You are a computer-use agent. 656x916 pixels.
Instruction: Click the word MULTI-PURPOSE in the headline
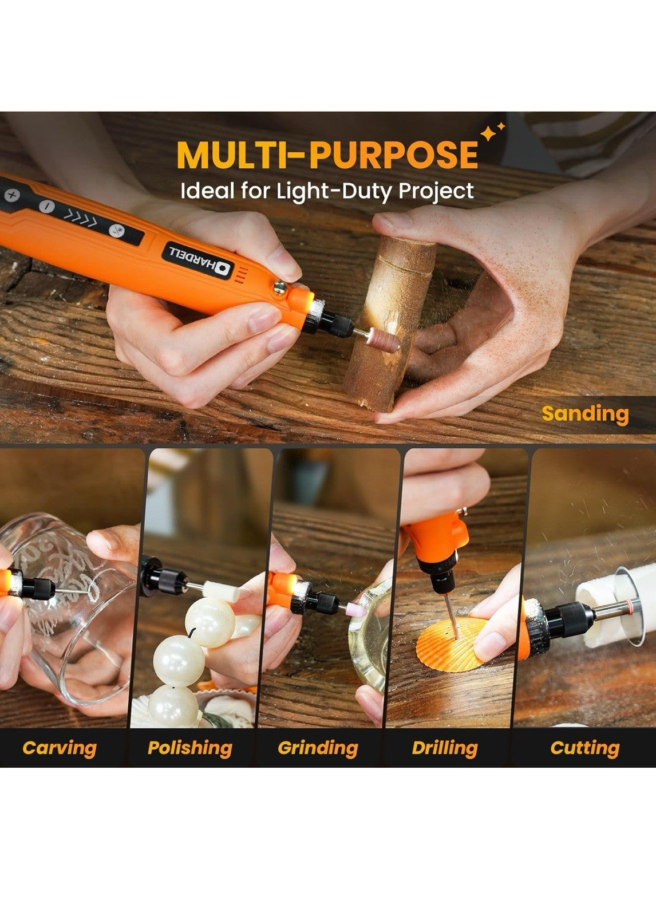point(327,155)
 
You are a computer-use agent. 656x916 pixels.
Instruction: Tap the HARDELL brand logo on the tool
point(198,261)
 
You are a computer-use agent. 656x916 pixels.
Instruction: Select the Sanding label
point(585,414)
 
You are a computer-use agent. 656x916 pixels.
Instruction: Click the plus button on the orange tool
point(12,196)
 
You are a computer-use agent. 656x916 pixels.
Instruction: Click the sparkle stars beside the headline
point(492,132)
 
